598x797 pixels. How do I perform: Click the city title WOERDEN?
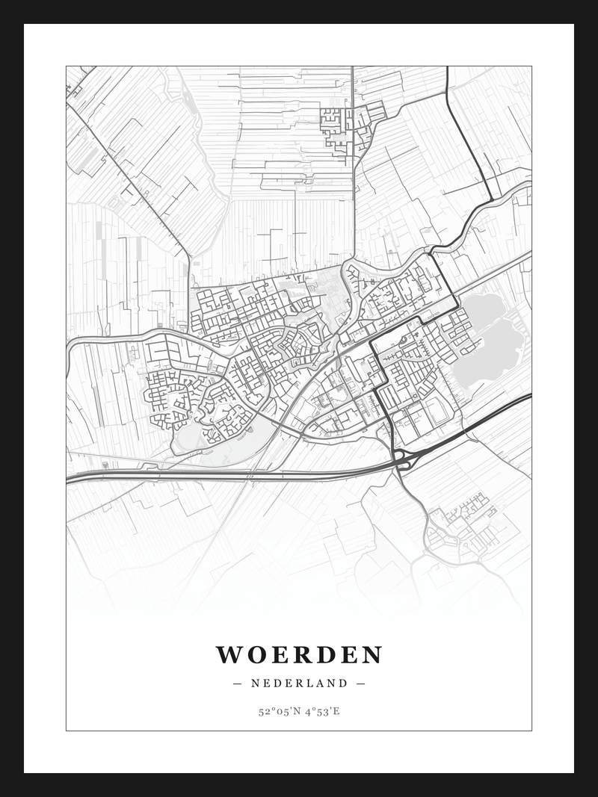[299, 655]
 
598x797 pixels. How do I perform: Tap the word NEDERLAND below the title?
[299, 683]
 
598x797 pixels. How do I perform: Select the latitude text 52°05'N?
[279, 711]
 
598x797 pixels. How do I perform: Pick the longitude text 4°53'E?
[322, 711]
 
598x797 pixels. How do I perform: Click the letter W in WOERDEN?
[229, 655]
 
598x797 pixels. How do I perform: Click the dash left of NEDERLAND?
[238, 683]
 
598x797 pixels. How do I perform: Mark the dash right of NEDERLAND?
[360, 683]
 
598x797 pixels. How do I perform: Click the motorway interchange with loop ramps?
[403, 459]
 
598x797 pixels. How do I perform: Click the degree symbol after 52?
[272, 708]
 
